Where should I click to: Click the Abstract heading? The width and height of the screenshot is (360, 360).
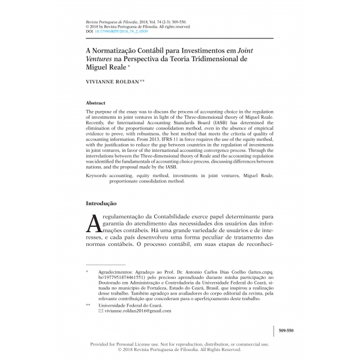coord(97,103)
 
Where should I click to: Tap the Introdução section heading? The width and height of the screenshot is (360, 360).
coord(106,204)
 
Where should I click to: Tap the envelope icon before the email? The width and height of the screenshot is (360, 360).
coord(101,311)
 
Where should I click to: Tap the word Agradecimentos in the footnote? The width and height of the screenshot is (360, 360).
coord(117,272)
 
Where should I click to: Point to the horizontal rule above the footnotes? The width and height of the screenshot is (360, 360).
coord(106,265)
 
